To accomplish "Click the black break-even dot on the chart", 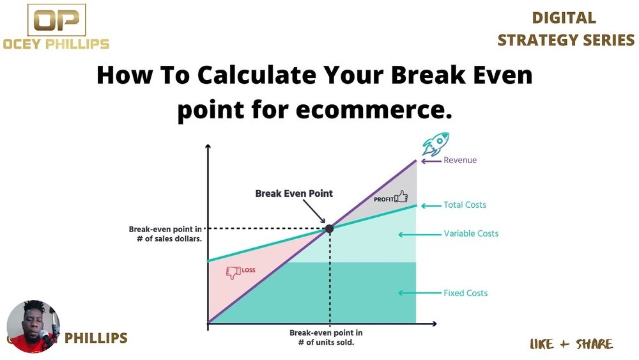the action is pos(329,229).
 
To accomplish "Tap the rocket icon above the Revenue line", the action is pos(436,143).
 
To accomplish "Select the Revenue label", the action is pos(460,160).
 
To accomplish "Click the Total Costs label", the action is pos(465,205).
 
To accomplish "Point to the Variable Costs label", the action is pos(471,233).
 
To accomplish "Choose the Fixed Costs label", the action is pos(465,293).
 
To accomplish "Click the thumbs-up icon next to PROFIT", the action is pos(401,196).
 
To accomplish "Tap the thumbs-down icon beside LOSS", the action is pos(233,272).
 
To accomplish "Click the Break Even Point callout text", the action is pos(294,194).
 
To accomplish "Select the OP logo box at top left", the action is pos(57,20).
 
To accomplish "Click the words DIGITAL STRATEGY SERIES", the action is pos(566,29).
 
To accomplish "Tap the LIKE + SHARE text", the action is pos(571,344).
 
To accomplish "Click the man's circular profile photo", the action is pos(33,327).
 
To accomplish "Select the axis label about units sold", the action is pos(326,338).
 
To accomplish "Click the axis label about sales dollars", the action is pos(166,234).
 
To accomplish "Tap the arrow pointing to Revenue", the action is pos(431,161).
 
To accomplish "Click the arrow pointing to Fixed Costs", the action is pos(419,293).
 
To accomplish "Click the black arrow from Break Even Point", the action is pos(314,211).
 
